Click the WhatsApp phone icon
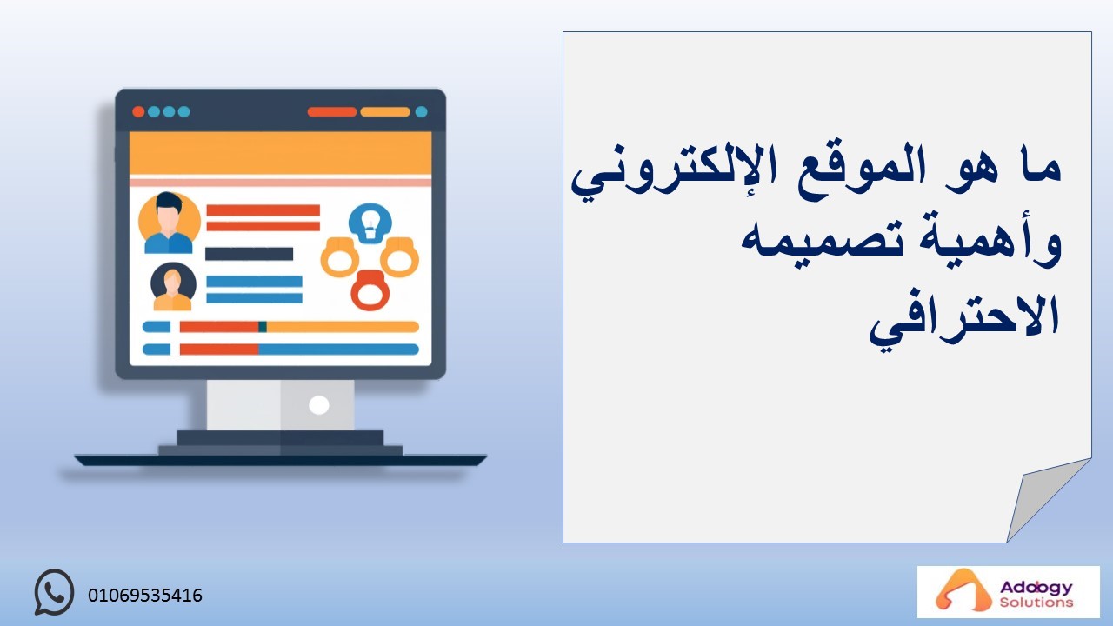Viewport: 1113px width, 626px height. click(x=54, y=592)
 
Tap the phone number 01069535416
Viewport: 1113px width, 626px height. click(x=145, y=596)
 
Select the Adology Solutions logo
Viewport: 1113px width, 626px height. click(x=1008, y=592)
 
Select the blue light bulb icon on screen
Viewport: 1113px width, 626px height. click(x=370, y=223)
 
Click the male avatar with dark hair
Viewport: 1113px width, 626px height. click(x=169, y=223)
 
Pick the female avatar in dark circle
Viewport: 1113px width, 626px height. click(x=173, y=287)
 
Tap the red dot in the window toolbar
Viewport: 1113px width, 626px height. click(x=138, y=112)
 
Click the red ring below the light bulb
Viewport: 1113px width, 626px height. click(x=370, y=290)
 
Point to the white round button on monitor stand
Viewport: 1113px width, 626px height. click(x=318, y=405)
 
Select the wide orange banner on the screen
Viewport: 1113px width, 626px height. click(x=280, y=153)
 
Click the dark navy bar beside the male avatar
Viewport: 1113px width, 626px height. click(x=249, y=254)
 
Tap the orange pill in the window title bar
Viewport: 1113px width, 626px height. click(x=385, y=112)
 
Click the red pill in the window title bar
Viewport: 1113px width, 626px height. click(x=332, y=112)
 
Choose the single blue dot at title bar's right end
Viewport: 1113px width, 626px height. click(x=422, y=112)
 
